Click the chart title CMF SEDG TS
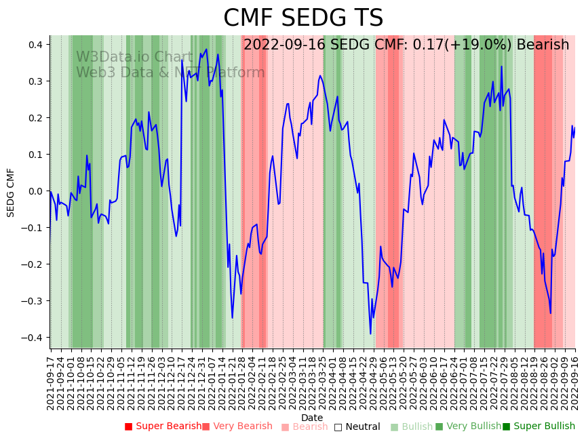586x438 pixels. pyautogui.click(x=303, y=18)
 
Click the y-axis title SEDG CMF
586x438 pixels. pyautogui.click(x=11, y=193)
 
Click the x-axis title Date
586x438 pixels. pyautogui.click(x=312, y=418)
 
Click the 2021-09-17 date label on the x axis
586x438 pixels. pyautogui.click(x=51, y=383)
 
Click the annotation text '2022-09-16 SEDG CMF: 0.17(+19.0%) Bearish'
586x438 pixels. pyautogui.click(x=406, y=45)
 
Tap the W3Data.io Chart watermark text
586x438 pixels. pyautogui.click(x=134, y=57)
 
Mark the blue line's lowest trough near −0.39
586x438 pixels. pyautogui.click(x=370, y=334)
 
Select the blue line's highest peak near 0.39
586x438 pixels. pyautogui.click(x=206, y=49)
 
